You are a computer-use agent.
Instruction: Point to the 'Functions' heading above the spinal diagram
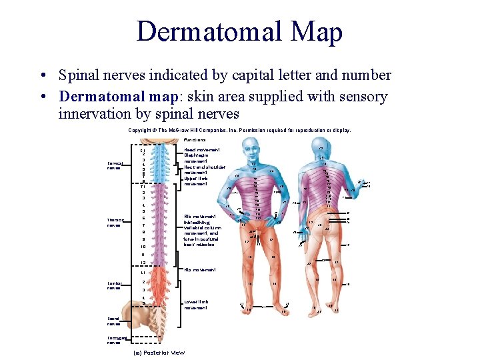pyautogui.click(x=195, y=140)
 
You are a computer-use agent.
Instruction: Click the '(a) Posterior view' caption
pyautogui.click(x=159, y=352)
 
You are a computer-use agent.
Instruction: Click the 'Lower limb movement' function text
pyautogui.click(x=196, y=305)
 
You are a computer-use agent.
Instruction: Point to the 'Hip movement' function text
pyautogui.click(x=199, y=269)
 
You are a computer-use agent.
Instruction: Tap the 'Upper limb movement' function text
pyautogui.click(x=197, y=180)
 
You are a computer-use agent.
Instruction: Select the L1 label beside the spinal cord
pyautogui.click(x=143, y=273)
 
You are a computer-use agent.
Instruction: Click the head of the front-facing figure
pyautogui.click(x=254, y=149)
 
